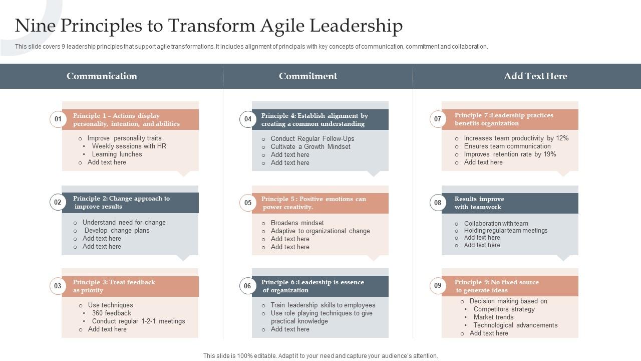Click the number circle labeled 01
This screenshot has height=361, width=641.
pyautogui.click(x=58, y=119)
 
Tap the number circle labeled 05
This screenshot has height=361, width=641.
pyautogui.click(x=248, y=203)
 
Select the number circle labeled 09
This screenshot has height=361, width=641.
pyautogui.click(x=438, y=286)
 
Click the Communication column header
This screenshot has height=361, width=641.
pyautogui.click(x=102, y=76)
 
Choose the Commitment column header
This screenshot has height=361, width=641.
pyautogui.click(x=308, y=76)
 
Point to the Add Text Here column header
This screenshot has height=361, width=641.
pyautogui.click(x=535, y=76)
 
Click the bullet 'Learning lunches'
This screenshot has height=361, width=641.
pyautogui.click(x=117, y=154)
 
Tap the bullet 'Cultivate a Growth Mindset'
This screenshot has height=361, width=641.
pyautogui.click(x=310, y=147)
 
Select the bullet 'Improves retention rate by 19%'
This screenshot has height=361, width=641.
pyautogui.click(x=510, y=154)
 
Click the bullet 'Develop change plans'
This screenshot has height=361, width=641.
pyautogui.click(x=117, y=231)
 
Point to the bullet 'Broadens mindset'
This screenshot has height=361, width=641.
pyautogui.click(x=297, y=223)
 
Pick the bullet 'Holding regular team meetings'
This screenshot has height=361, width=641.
pyautogui.click(x=505, y=231)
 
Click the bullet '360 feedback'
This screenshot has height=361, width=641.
pyautogui.click(x=111, y=313)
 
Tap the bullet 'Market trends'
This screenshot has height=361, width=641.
pyautogui.click(x=493, y=317)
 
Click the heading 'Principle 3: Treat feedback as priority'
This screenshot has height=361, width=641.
pyautogui.click(x=114, y=286)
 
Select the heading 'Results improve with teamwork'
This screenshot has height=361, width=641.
pyautogui.click(x=479, y=203)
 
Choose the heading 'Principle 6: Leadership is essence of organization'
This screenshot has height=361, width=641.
pyautogui.click(x=312, y=286)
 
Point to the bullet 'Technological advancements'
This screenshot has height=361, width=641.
pyautogui.click(x=515, y=325)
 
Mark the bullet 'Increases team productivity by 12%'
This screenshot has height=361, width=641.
pyautogui.click(x=516, y=138)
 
